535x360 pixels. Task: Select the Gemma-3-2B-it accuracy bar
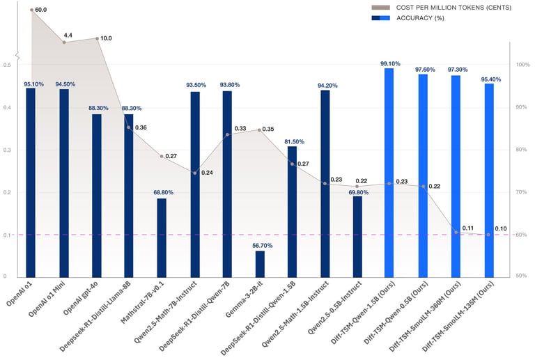(x=260, y=263)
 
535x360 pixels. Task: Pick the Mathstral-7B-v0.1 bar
(x=162, y=237)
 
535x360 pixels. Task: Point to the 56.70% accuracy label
(x=260, y=244)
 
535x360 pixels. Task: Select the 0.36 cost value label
(x=141, y=127)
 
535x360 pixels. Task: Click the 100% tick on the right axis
(x=522, y=65)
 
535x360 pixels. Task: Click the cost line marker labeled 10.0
(x=96, y=38)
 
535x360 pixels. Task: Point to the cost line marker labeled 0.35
(x=260, y=130)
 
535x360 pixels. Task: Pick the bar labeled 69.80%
(x=357, y=236)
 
